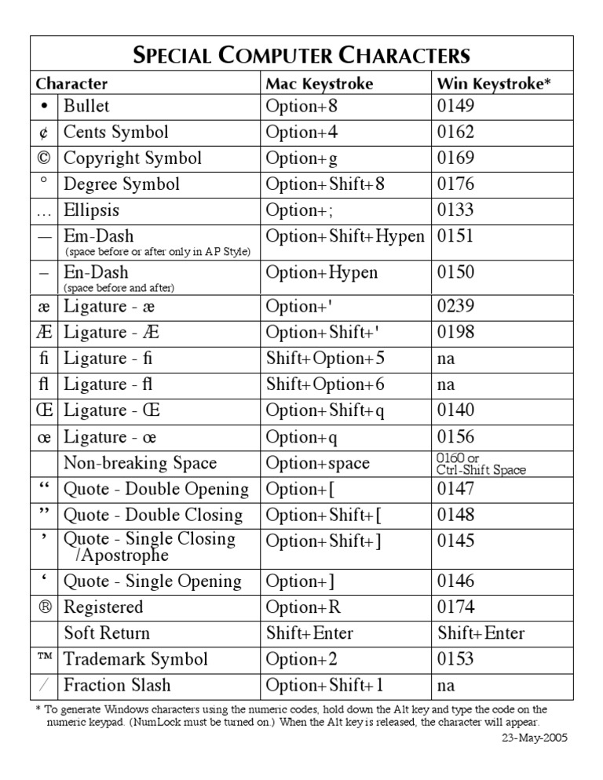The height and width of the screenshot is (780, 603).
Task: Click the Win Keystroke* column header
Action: pyautogui.click(x=494, y=84)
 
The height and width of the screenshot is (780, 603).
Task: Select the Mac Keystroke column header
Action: pyautogui.click(x=319, y=84)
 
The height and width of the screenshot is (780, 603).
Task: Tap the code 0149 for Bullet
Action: pyautogui.click(x=455, y=107)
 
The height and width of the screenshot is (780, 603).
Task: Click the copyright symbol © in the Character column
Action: pyautogui.click(x=43, y=159)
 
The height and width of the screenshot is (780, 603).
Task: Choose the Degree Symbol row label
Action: pyautogui.click(x=122, y=184)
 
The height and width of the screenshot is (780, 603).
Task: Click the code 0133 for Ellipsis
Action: pyautogui.click(x=455, y=210)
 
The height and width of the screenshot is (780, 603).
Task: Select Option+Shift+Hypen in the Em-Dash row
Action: pyautogui.click(x=345, y=236)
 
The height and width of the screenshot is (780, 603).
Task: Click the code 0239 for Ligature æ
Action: pyautogui.click(x=455, y=306)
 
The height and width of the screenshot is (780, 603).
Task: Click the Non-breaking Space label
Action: pyautogui.click(x=140, y=463)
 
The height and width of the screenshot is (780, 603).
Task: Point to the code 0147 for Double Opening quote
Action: pyautogui.click(x=455, y=489)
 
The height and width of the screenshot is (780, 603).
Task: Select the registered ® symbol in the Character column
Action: pyautogui.click(x=43, y=607)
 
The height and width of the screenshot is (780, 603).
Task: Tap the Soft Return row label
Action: pyautogui.click(x=107, y=633)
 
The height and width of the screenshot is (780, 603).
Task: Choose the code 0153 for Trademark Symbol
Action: pyautogui.click(x=455, y=659)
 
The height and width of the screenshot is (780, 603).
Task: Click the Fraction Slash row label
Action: pyautogui.click(x=117, y=685)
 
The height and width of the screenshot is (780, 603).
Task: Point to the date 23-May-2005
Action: pyautogui.click(x=534, y=738)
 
